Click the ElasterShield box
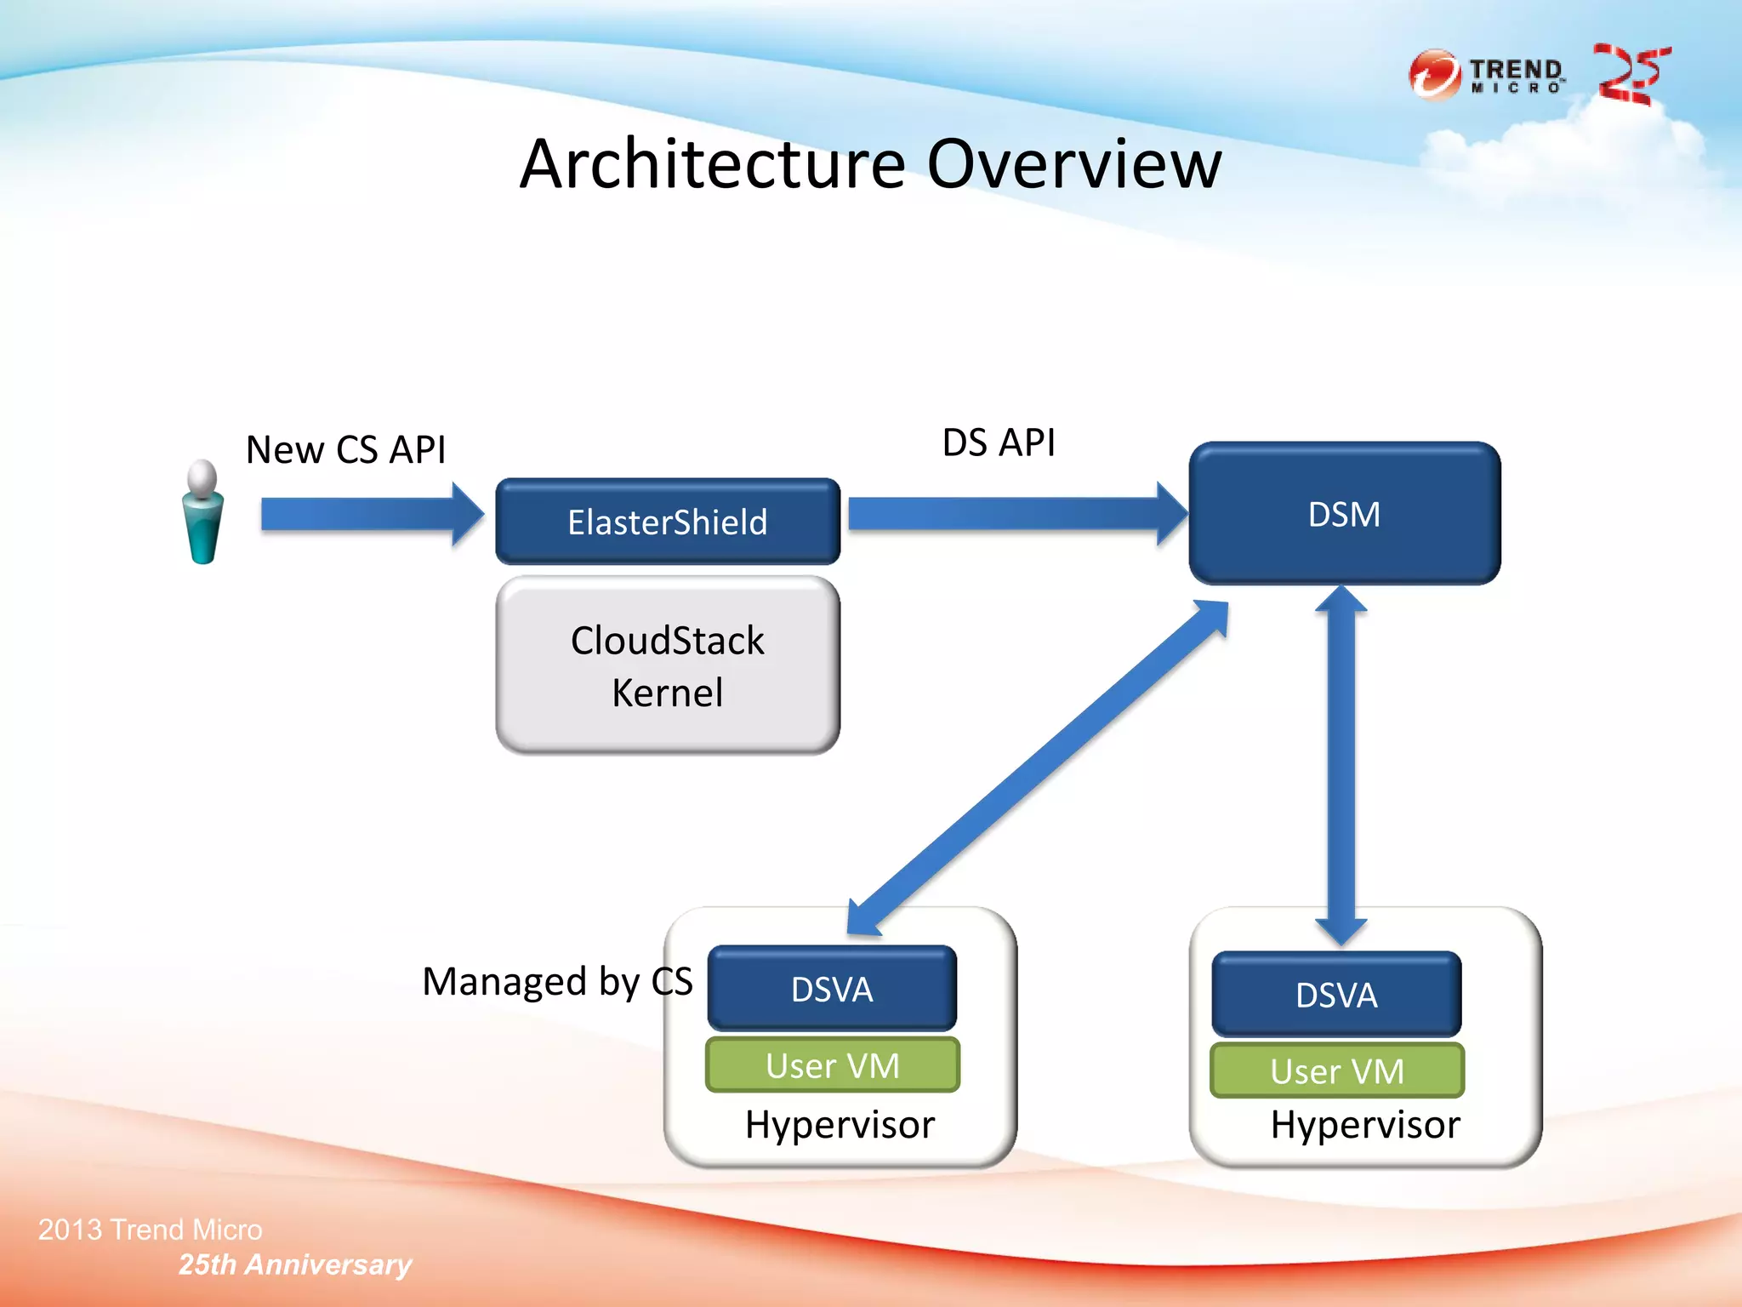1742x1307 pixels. [668, 522]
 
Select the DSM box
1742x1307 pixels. [1344, 514]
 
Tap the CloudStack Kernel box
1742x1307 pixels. [668, 665]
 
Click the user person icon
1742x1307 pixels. [203, 513]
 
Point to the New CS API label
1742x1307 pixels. [345, 449]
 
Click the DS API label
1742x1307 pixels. [999, 442]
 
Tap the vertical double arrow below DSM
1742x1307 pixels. [1341, 766]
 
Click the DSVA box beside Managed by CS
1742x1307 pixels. [832, 989]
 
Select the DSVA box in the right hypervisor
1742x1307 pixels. [1336, 994]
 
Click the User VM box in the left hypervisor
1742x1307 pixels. [832, 1065]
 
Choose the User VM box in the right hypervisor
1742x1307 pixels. [1336, 1070]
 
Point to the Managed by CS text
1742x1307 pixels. [557, 982]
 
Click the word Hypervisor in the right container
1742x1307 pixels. [1365, 1125]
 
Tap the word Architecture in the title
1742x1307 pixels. [713, 164]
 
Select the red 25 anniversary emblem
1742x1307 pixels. [1631, 75]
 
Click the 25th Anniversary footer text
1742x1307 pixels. [294, 1264]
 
